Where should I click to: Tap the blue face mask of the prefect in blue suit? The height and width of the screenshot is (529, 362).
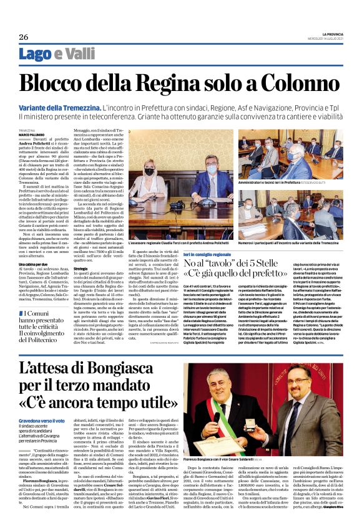[212, 169]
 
